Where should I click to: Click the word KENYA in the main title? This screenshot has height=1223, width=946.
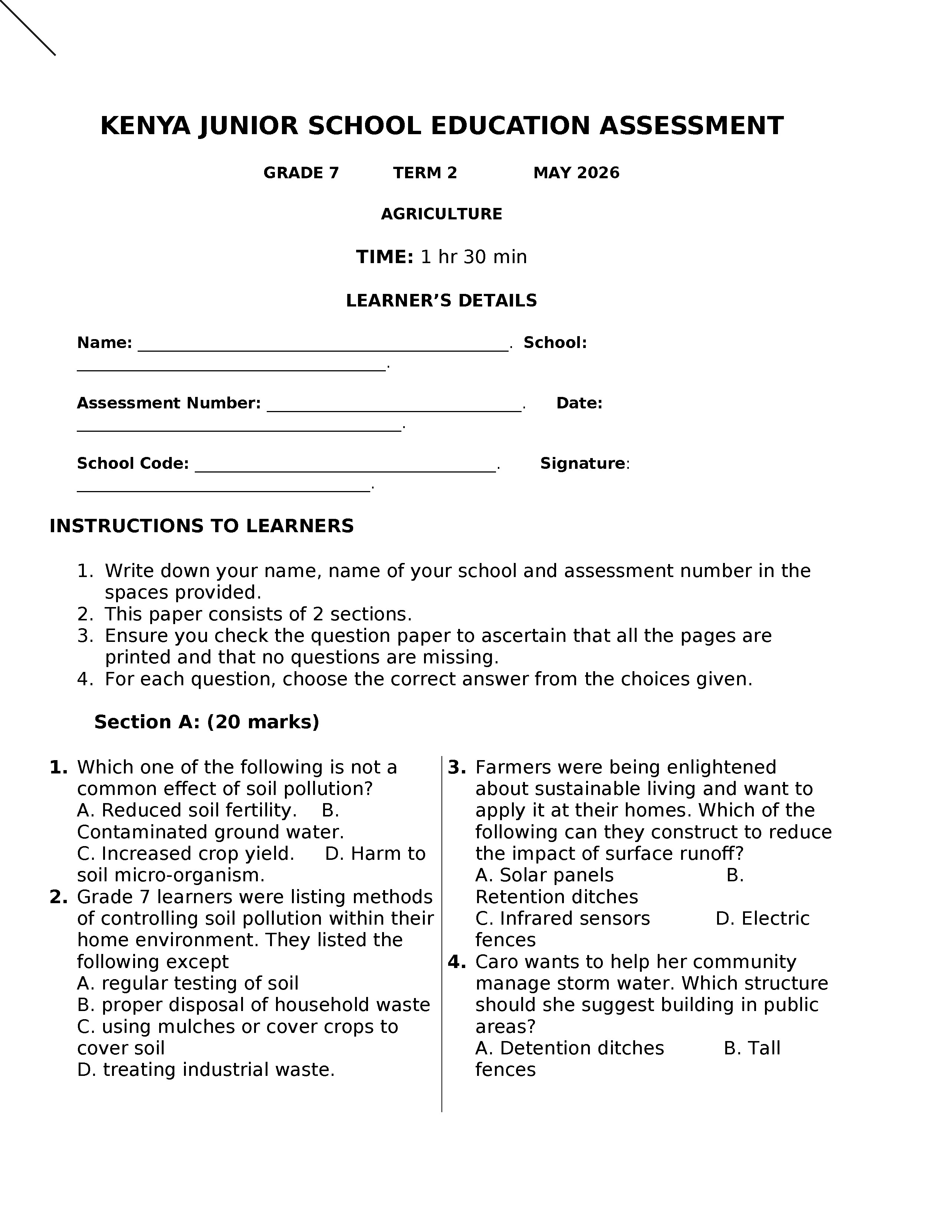pos(145,126)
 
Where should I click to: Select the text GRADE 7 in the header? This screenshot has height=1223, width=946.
pos(301,173)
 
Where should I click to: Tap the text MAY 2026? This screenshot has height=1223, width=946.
pos(576,173)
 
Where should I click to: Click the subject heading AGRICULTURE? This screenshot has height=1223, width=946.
pos(441,214)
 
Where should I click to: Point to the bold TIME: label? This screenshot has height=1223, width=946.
pos(384,257)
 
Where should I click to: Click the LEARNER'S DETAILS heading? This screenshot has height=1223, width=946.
pos(441,301)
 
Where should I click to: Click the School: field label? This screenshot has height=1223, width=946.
pos(555,343)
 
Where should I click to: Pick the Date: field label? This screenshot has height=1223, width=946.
pos(579,403)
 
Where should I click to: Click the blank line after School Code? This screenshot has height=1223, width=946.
pos(345,468)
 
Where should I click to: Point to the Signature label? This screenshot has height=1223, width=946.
pos(582,464)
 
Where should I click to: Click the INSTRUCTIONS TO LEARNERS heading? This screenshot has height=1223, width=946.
pos(202,526)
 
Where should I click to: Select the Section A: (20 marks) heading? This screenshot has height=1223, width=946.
pos(206,722)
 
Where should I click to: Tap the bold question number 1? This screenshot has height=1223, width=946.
pos(58,767)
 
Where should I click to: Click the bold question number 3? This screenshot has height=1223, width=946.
pos(457,767)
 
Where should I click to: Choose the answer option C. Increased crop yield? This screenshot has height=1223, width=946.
pos(185,854)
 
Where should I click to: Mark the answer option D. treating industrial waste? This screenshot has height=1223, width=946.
pos(206,1070)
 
